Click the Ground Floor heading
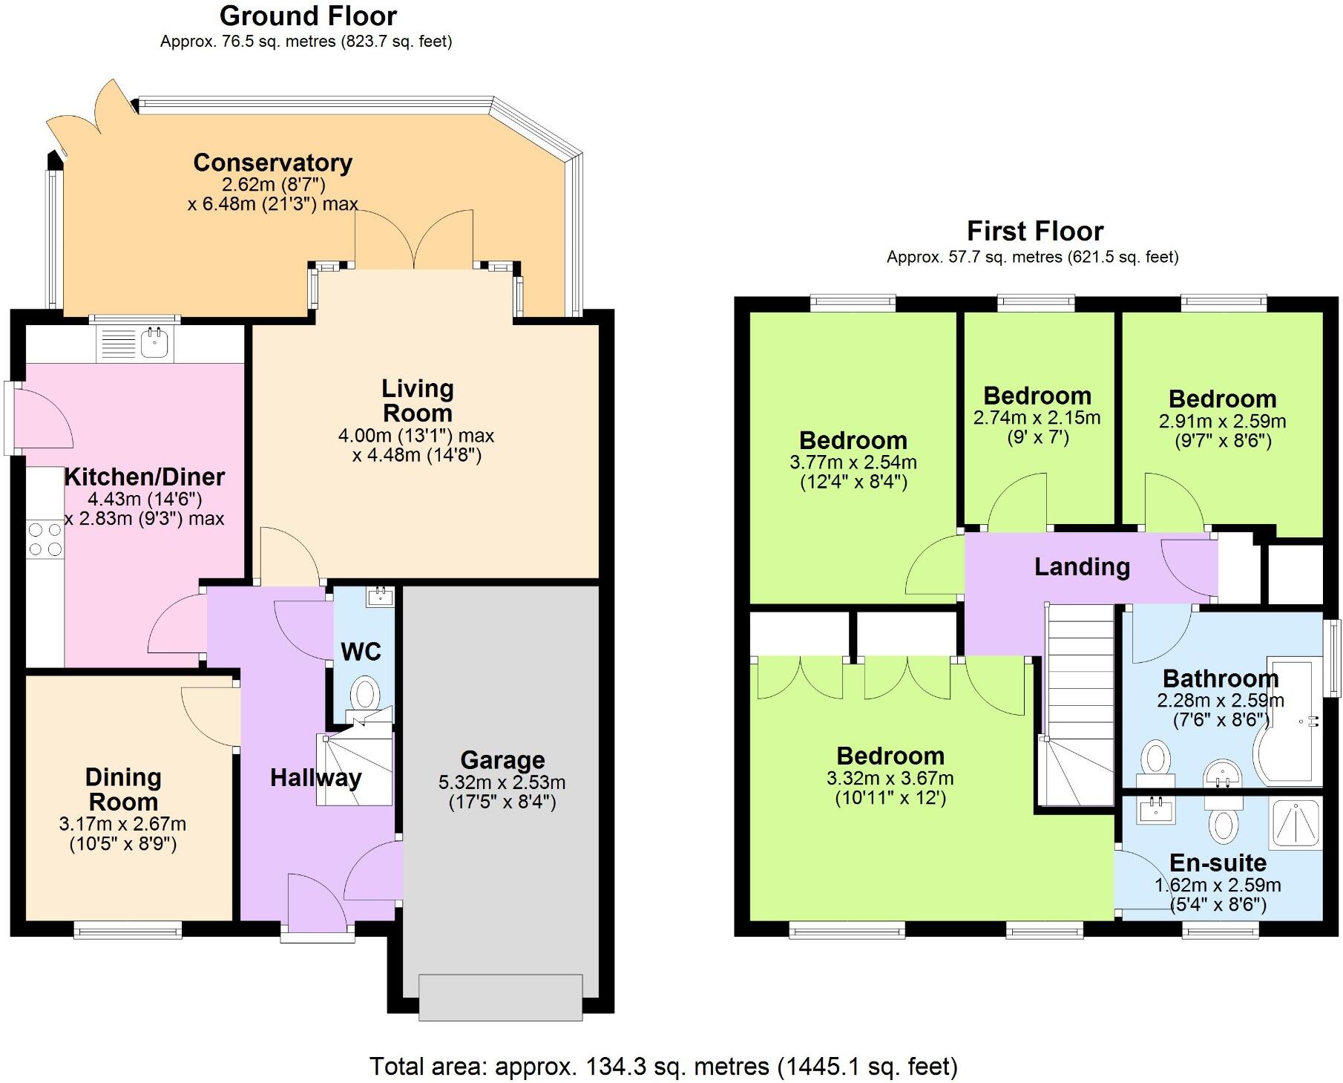[x=308, y=16]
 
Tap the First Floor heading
[x=1034, y=231]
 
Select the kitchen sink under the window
[x=154, y=343]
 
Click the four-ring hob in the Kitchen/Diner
[x=45, y=540]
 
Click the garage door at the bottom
[x=500, y=997]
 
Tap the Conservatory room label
[x=272, y=163]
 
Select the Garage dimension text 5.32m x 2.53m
[x=502, y=782]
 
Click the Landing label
[x=1082, y=567]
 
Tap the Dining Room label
[x=123, y=789]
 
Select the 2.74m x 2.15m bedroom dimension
[x=1037, y=418]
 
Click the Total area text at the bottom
[x=663, y=1067]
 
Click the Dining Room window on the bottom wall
[x=128, y=929]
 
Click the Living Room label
[x=417, y=400]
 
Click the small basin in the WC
[x=380, y=595]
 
